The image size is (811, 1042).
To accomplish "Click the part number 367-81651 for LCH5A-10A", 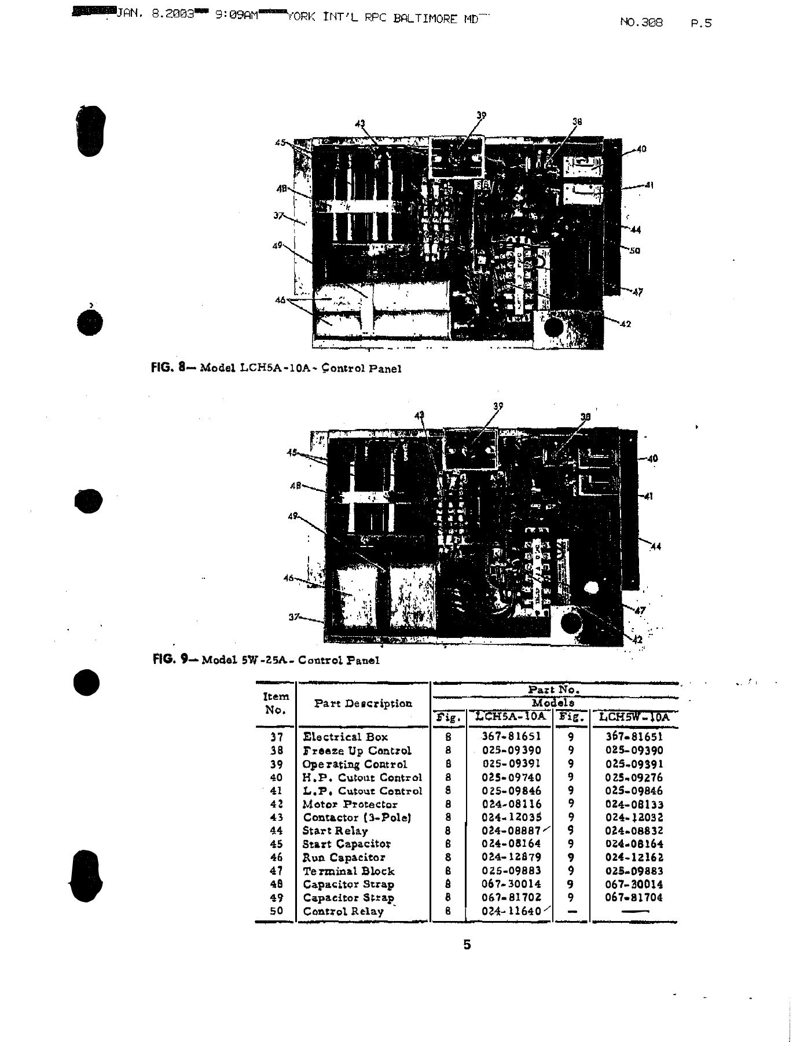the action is tap(511, 736).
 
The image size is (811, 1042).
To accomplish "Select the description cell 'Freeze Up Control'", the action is tap(357, 750).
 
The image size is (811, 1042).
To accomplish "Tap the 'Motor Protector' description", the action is tap(350, 804).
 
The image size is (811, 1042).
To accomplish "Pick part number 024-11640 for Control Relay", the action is tap(511, 911).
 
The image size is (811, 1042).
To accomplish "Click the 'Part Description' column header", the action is tap(363, 704).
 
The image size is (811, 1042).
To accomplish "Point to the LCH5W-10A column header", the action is tap(634, 717).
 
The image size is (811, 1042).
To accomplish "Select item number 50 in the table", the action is tap(276, 911).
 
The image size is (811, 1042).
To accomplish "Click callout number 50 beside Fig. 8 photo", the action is tap(634, 251).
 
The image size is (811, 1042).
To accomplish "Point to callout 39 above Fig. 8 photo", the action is tap(481, 115).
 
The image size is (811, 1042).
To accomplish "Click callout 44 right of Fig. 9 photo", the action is tap(656, 546).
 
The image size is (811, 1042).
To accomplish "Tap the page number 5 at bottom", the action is tap(467, 945).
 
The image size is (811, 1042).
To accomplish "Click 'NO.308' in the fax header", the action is tap(641, 23).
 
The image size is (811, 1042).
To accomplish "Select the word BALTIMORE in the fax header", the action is tap(427, 19).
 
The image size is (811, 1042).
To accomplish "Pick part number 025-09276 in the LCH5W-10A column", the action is tap(634, 777).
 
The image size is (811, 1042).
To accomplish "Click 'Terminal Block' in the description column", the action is tap(348, 871).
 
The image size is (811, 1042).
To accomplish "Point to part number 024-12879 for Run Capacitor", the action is tap(511, 857).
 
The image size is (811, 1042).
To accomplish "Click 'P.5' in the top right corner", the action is tap(701, 24).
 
